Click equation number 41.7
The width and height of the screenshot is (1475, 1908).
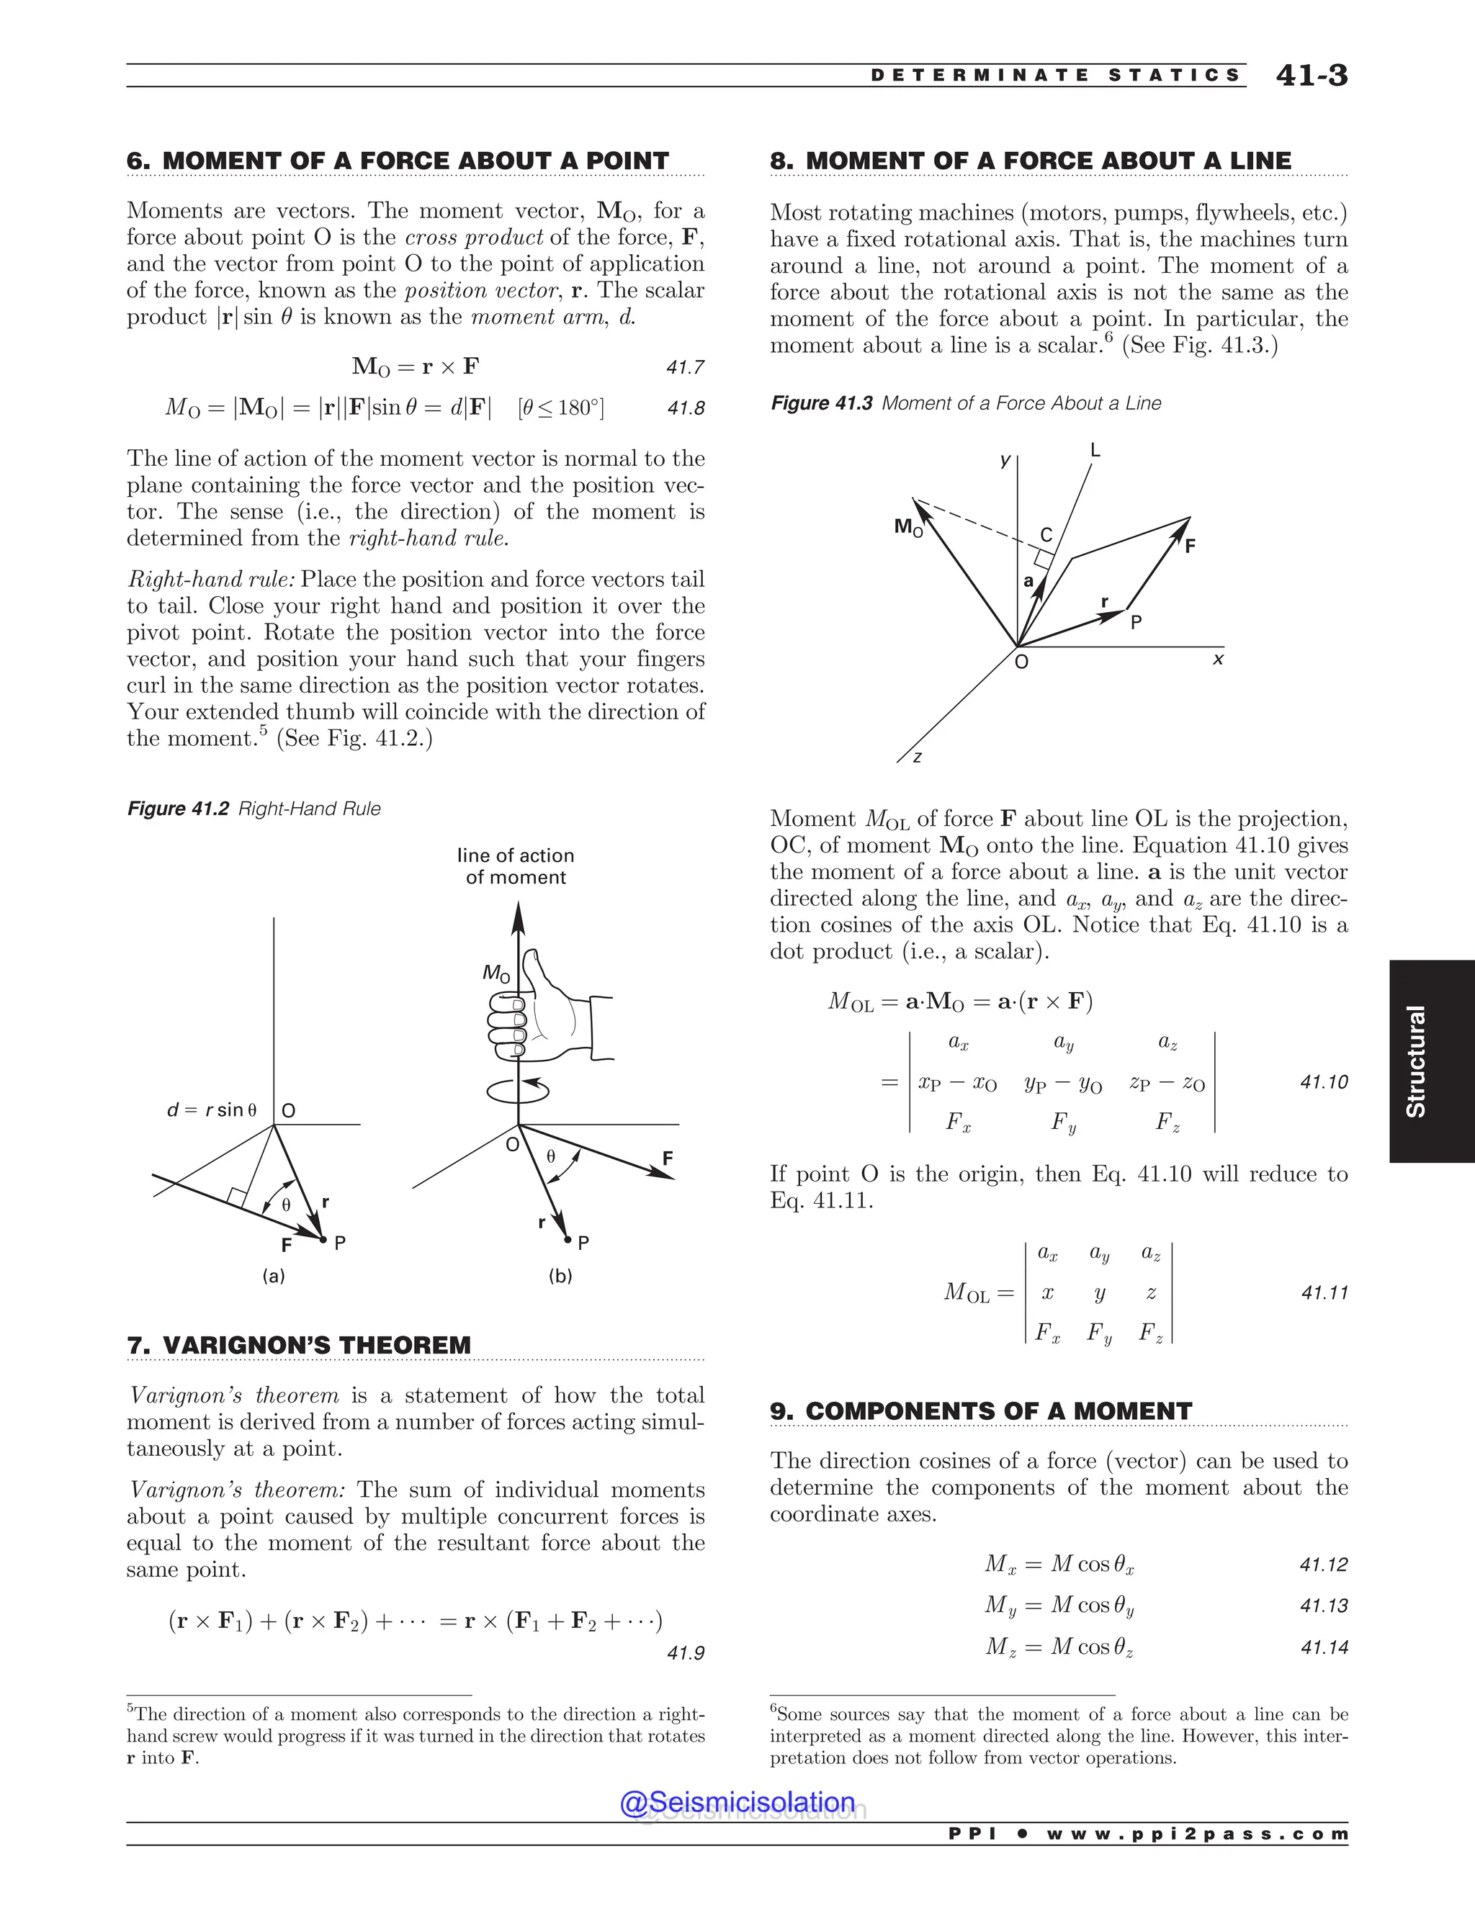685,367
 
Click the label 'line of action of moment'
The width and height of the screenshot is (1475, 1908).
516,865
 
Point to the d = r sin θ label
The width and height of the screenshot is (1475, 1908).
212,1110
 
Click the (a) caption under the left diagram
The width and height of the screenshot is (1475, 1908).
274,1276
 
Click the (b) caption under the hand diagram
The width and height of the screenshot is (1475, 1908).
560,1276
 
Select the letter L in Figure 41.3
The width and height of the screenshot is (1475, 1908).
1095,451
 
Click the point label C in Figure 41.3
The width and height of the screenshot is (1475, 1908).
1046,535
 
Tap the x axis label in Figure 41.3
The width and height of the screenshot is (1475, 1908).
1218,660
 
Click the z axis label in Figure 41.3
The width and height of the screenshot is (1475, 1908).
917,757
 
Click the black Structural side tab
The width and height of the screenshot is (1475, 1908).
1430,1061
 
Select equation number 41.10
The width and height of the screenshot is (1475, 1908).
1324,1081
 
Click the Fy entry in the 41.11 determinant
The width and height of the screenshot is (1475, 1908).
1099,1332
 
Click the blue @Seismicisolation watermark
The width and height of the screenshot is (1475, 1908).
737,1801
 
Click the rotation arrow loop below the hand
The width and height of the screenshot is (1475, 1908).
517,1089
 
